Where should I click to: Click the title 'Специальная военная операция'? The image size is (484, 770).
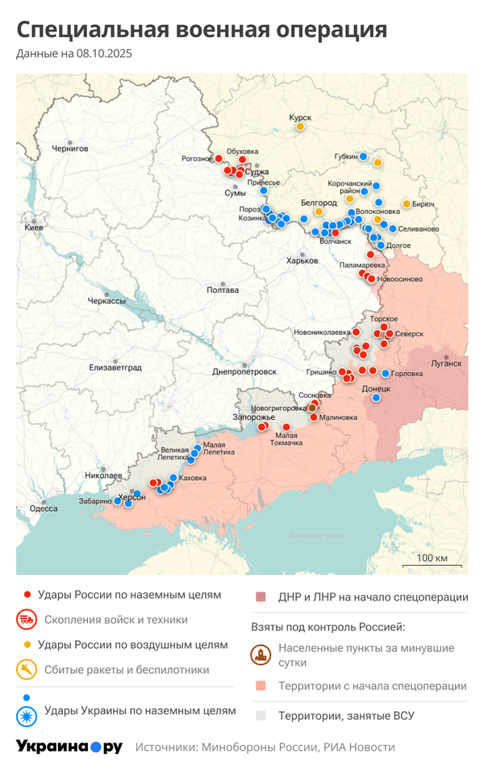202,30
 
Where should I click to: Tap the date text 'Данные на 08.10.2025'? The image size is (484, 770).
74,54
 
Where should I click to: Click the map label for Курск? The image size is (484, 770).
300,117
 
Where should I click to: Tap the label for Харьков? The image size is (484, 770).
302,260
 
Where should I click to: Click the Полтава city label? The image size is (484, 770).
222,289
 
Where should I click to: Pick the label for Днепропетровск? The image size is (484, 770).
244,371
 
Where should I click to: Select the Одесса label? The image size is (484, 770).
44,508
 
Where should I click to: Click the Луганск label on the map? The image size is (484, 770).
446,363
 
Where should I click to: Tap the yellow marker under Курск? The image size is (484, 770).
300,127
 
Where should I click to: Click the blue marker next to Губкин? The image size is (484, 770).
364,156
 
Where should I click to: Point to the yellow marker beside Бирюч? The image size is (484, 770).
406,203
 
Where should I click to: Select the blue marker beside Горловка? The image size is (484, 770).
386,374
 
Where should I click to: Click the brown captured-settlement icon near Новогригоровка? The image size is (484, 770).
312,408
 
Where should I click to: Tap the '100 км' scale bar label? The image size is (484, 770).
432,558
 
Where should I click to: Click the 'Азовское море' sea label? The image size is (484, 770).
317,535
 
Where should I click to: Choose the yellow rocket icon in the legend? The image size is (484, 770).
27,669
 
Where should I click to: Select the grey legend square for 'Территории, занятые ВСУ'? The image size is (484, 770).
261,715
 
